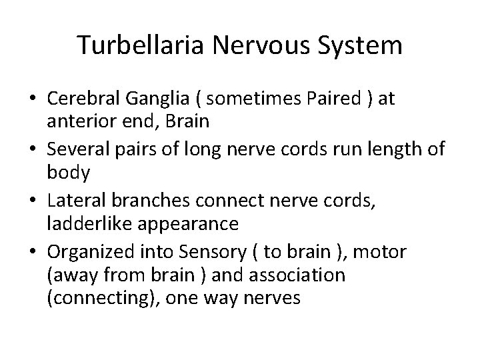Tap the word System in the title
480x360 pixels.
[362, 45]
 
